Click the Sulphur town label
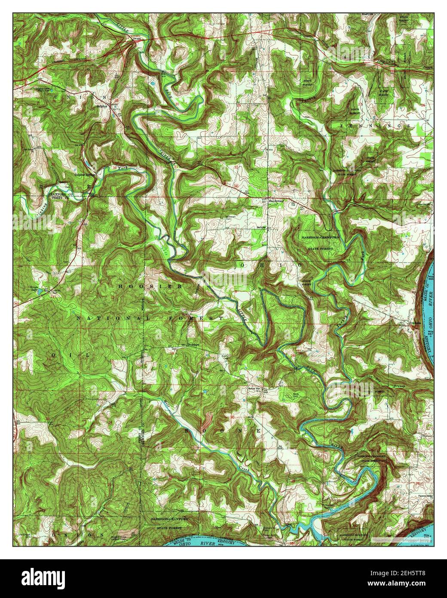point(101,105)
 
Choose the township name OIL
point(70,354)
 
